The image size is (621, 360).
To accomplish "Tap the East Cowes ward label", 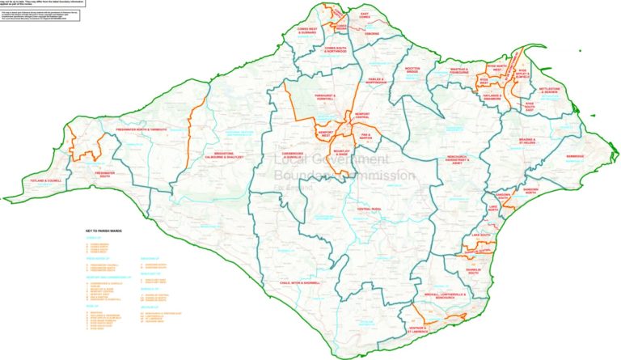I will [370, 15].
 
